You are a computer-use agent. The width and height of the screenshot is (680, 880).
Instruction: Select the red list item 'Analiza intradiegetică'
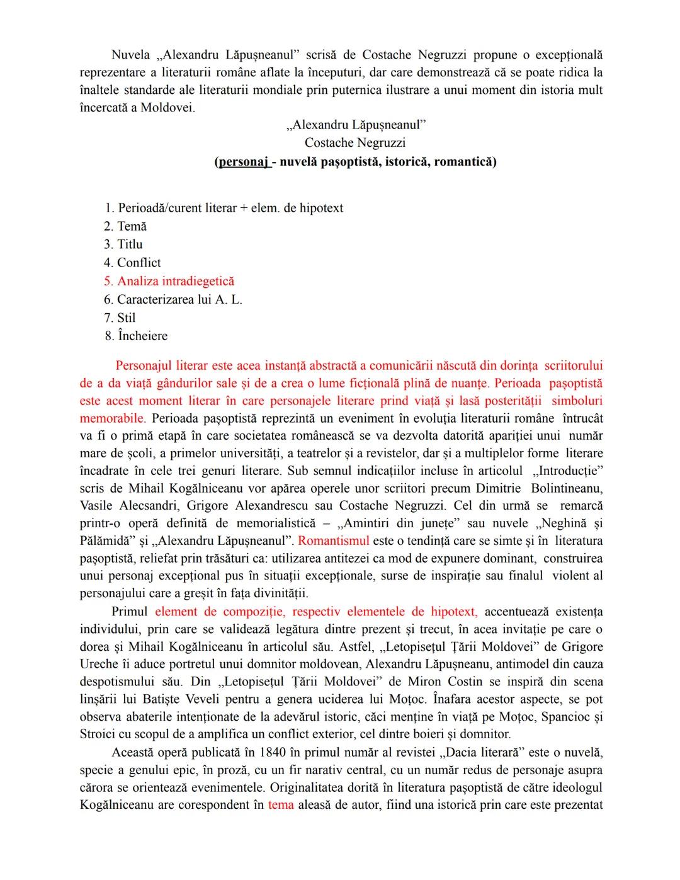(x=175, y=281)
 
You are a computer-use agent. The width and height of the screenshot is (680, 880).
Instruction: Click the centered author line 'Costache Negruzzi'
(x=355, y=143)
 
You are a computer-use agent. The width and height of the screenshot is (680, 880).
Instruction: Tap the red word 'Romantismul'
(x=334, y=540)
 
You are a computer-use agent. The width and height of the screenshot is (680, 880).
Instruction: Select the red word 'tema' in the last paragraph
(x=281, y=805)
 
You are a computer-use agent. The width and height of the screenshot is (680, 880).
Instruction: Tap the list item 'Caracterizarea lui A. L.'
(x=179, y=299)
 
